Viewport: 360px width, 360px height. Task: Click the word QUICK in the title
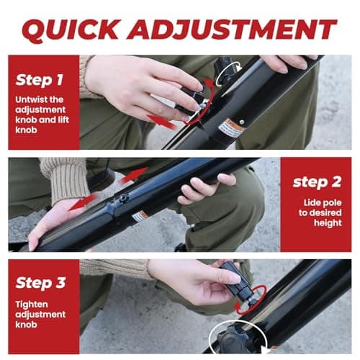click(70, 30)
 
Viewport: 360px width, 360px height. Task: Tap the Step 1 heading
click(39, 80)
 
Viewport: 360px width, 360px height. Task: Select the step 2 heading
click(317, 182)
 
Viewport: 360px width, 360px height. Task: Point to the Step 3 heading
click(40, 283)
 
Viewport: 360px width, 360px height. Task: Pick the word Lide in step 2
click(310, 203)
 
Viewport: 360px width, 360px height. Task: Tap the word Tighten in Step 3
click(32, 305)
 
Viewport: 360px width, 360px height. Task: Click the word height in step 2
click(328, 223)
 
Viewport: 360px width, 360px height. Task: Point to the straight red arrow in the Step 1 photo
click(161, 121)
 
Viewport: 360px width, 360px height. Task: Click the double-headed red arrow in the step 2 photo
click(83, 202)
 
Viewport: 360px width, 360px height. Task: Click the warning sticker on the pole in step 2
click(140, 216)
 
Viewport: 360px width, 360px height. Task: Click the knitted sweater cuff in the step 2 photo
click(66, 178)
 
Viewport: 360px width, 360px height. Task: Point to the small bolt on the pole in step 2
click(123, 198)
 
